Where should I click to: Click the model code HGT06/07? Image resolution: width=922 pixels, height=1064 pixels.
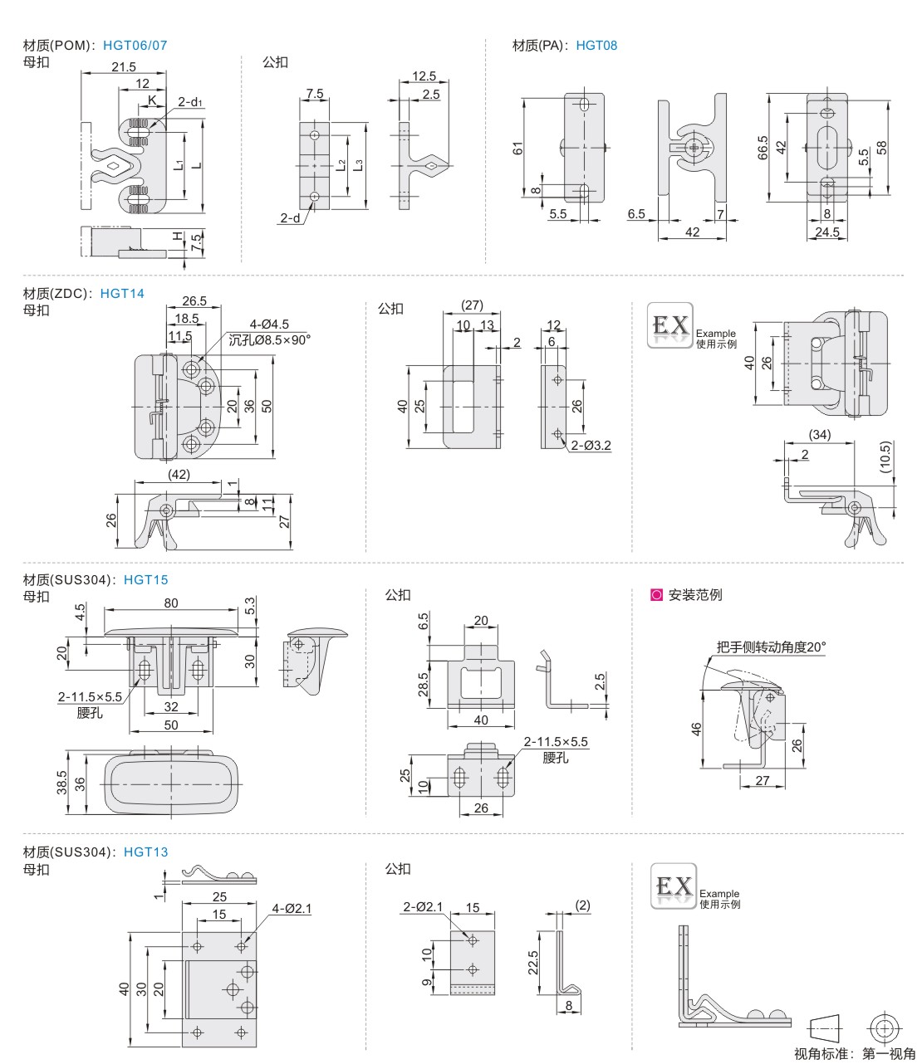135,46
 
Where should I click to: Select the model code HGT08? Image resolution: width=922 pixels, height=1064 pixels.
596,46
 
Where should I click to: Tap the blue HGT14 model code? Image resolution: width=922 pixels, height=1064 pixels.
122,293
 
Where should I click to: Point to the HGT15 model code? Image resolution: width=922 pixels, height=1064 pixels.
145,580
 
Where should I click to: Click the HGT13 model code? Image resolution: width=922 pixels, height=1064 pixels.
145,852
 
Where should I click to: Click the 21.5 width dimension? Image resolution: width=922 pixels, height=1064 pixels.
124,67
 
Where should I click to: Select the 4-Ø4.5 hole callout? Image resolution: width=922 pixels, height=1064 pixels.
269,325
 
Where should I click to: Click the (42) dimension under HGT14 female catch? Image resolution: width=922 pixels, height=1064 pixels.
179,475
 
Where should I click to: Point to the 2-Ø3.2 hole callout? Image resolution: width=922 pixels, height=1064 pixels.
591,446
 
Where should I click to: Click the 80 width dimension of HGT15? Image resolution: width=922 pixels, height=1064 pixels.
170,603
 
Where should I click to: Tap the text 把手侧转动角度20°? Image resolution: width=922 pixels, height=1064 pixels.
772,647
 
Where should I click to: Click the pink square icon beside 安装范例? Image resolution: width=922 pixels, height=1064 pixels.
656,595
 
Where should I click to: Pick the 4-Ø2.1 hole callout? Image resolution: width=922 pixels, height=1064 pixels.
291,909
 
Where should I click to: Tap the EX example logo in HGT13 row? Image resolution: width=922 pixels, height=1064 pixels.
672,887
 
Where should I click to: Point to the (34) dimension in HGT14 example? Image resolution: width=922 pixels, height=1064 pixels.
819,435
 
